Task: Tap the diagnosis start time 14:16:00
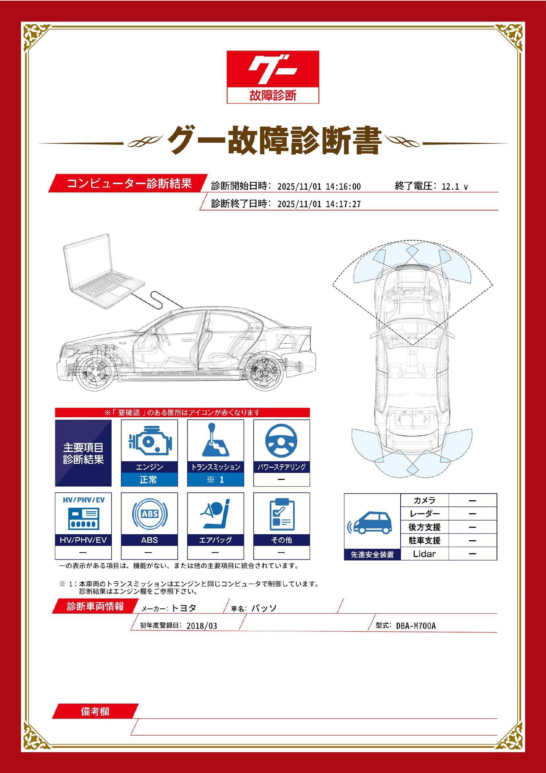pyautogui.click(x=343, y=187)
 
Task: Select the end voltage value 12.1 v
pyautogui.click(x=455, y=187)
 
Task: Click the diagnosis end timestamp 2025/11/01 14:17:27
pyautogui.click(x=319, y=204)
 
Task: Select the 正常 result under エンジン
pyautogui.click(x=148, y=480)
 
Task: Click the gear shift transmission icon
pyautogui.click(x=215, y=440)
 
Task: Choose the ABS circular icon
pyautogui.click(x=149, y=514)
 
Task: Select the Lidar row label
pyautogui.click(x=424, y=554)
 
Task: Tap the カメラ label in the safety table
pyautogui.click(x=424, y=500)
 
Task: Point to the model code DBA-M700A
pyautogui.click(x=416, y=626)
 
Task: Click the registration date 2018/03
pyautogui.click(x=201, y=626)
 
